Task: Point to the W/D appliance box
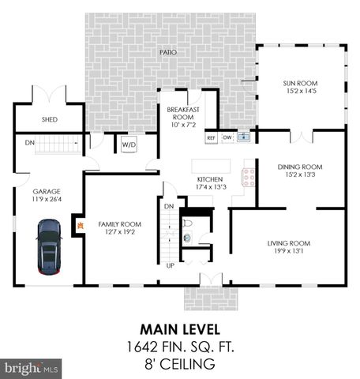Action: point(127,144)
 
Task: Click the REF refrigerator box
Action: point(211,138)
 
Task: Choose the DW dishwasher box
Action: point(227,138)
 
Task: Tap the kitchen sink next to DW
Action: point(244,137)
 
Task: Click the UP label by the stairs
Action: point(170,265)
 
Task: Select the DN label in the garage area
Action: point(29,143)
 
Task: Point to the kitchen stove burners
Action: point(249,176)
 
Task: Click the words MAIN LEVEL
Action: point(180,328)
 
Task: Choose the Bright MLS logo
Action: point(32,368)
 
